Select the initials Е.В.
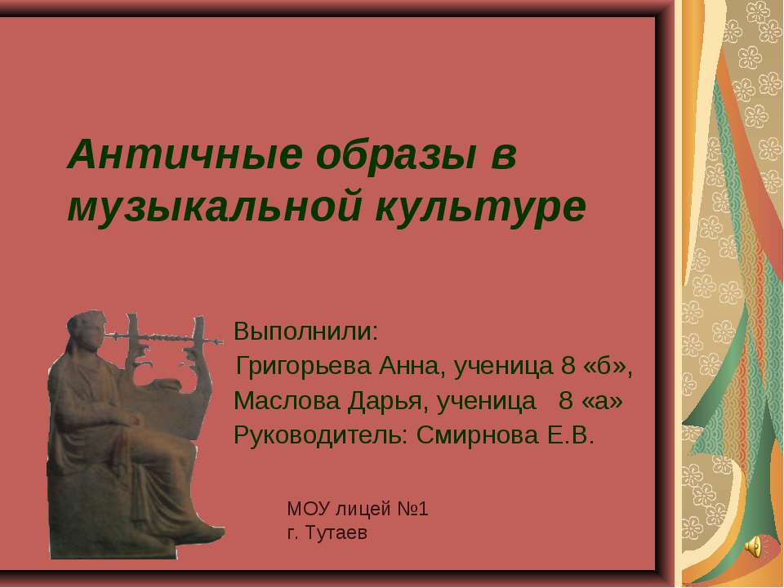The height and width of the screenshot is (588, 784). coord(568,434)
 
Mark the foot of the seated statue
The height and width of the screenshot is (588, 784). coord(200,536)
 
